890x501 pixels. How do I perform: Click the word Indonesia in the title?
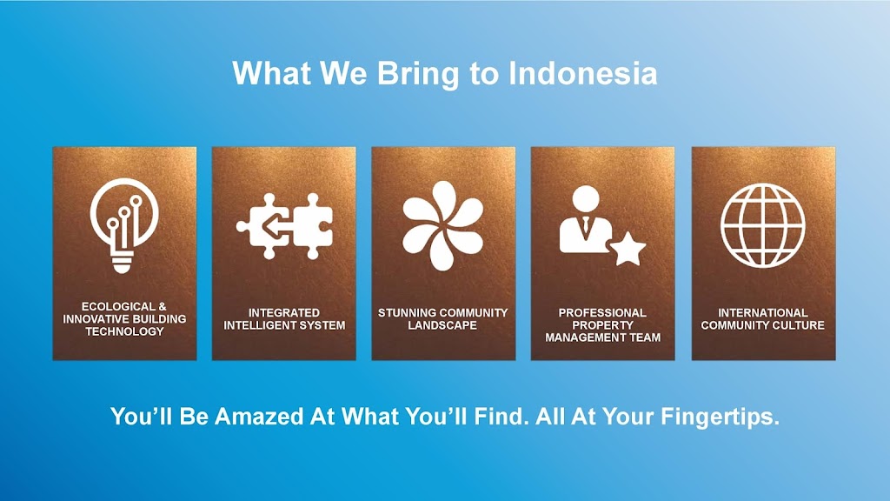click(583, 73)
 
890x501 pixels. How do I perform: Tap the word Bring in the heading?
click(417, 74)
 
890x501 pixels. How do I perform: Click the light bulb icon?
click(123, 225)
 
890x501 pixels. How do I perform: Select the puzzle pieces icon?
click(284, 226)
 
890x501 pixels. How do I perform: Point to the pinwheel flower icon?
click(442, 225)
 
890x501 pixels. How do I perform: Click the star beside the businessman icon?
click(628, 248)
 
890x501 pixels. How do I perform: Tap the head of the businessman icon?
click(586, 199)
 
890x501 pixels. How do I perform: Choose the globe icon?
click(762, 225)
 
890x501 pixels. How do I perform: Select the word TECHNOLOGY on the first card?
click(124, 331)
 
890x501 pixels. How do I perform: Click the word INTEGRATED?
click(284, 313)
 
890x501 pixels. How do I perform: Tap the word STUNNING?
click(405, 313)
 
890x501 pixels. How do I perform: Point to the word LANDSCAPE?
click(442, 325)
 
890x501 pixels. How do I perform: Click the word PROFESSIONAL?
click(602, 313)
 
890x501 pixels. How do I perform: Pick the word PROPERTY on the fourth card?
click(602, 325)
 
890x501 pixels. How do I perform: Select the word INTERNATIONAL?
click(763, 313)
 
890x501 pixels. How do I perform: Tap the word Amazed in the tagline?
click(259, 417)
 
